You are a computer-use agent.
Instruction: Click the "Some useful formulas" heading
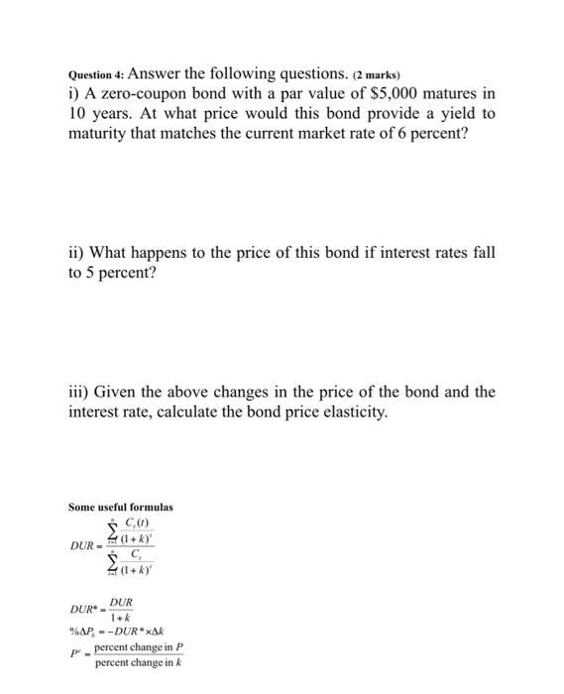120,507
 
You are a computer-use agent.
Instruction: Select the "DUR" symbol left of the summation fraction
82,546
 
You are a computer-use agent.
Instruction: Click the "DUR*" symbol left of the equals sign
84,609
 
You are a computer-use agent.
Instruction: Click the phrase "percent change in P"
139,646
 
